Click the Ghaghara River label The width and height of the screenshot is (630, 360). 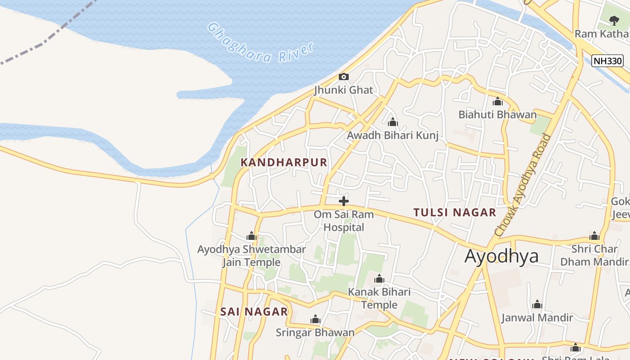261,43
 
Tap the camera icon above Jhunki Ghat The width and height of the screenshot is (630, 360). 344,76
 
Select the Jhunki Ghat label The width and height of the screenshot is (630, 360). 344,90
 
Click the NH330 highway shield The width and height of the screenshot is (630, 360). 607,61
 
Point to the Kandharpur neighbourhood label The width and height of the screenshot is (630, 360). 284,162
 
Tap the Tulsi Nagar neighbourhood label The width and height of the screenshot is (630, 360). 454,212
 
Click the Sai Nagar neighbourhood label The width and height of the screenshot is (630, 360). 254,311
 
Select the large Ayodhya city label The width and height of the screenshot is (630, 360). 501,256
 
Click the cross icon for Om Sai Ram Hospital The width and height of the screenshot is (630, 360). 344,201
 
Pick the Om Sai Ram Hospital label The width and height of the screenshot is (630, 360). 344,220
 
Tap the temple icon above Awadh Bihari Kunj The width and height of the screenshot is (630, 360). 393,122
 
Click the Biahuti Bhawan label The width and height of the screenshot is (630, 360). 497,115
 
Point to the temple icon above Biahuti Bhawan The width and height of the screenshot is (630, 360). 498,101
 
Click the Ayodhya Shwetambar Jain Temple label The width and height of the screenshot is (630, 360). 252,256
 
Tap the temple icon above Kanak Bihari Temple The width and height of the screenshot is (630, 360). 379,279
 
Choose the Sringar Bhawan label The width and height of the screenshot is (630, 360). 315,333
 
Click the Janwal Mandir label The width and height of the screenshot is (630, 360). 537,318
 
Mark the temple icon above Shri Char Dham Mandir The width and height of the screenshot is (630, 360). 594,236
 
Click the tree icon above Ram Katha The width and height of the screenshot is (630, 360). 613,20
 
